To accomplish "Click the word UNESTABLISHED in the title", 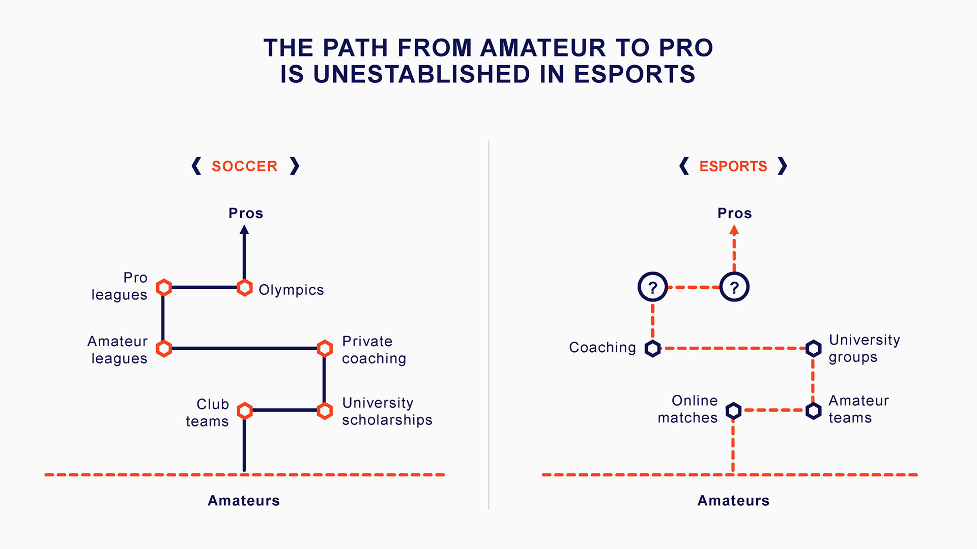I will tap(422, 74).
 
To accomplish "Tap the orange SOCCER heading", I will tap(244, 166).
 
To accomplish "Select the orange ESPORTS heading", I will tap(733, 166).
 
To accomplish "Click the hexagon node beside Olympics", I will tap(245, 288).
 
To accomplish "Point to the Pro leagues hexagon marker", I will tap(163, 288).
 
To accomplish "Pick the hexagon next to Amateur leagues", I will tap(163, 349).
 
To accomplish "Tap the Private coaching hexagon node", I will tap(325, 349).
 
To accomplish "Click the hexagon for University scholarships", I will tap(325, 411).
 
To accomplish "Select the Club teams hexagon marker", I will tap(245, 411).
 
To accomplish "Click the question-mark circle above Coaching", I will tap(652, 287).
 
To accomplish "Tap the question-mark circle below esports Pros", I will tap(734, 287).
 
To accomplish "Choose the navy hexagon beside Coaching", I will tap(652, 349).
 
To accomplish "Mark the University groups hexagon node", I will tap(813, 349).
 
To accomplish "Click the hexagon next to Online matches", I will tap(733, 411).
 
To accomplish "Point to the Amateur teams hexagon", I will tap(813, 411).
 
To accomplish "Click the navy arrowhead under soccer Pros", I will tap(244, 230).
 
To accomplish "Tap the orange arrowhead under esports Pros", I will tap(734, 230).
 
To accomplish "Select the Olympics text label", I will tap(291, 290).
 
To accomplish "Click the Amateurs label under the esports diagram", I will tap(733, 501).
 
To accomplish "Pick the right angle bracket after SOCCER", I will tap(295, 166).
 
